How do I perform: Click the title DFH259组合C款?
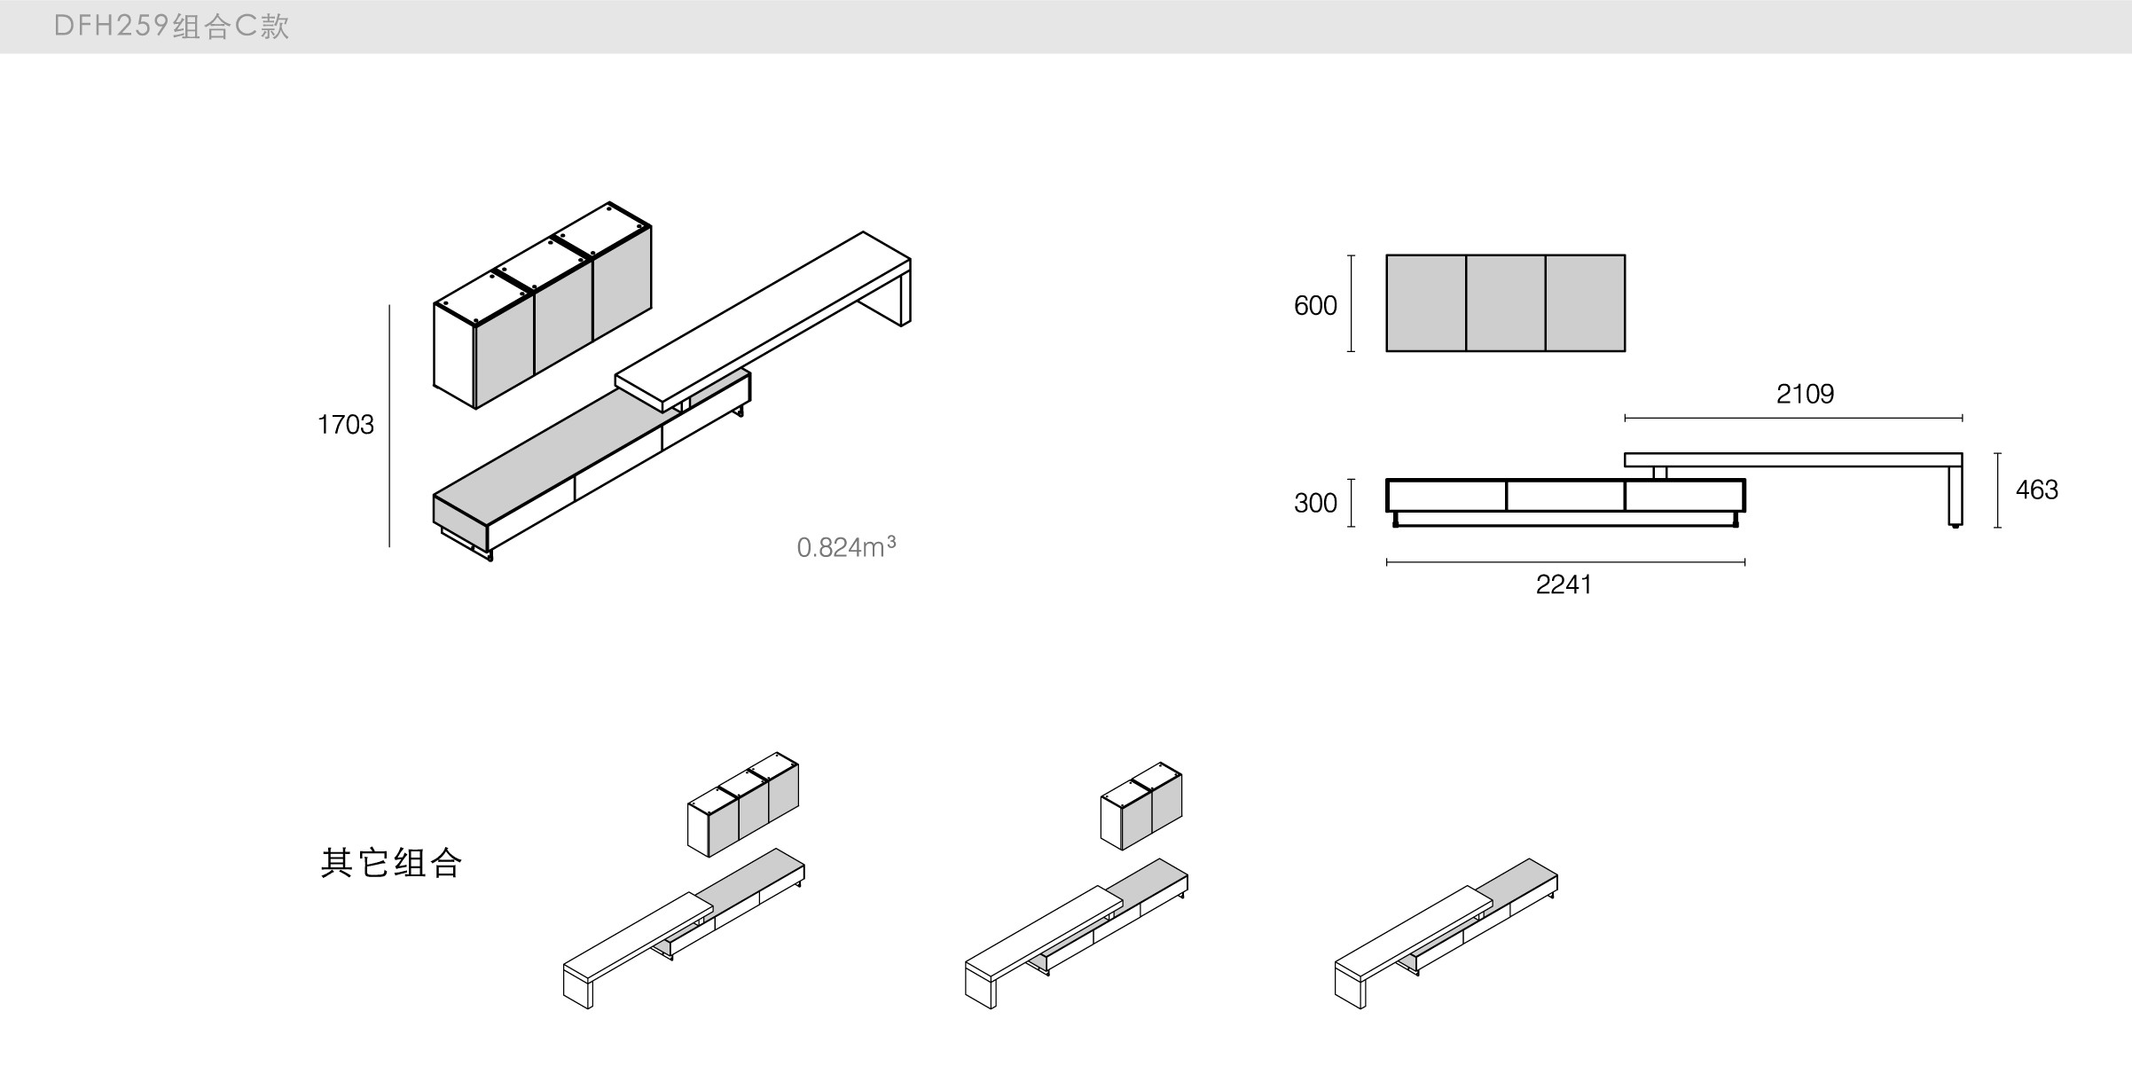pyautogui.click(x=171, y=27)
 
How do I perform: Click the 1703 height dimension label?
pyautogui.click(x=346, y=425)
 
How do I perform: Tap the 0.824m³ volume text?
pyautogui.click(x=846, y=547)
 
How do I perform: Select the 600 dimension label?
pyautogui.click(x=1315, y=306)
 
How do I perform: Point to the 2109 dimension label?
pyautogui.click(x=1805, y=394)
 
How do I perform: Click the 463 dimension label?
pyautogui.click(x=2036, y=490)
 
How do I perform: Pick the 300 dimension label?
pyautogui.click(x=1315, y=504)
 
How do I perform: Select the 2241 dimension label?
pyautogui.click(x=1564, y=584)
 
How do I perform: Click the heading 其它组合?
pyautogui.click(x=391, y=863)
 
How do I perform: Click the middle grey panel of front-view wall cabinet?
pyautogui.click(x=1505, y=303)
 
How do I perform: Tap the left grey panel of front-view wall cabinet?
pyautogui.click(x=1426, y=303)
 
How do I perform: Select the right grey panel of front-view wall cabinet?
pyautogui.click(x=1585, y=303)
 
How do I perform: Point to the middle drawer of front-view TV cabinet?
pyautogui.click(x=1565, y=496)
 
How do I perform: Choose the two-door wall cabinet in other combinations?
pyautogui.click(x=1141, y=807)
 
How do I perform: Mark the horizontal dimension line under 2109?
pyautogui.click(x=1792, y=418)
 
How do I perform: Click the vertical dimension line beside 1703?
pyautogui.click(x=389, y=426)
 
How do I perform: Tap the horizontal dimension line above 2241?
pyautogui.click(x=1565, y=561)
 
